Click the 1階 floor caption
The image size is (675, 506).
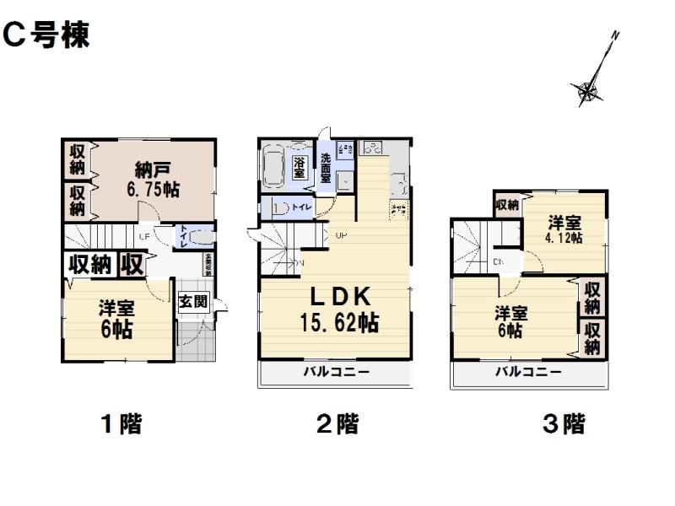[121, 424]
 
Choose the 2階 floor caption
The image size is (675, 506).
[337, 424]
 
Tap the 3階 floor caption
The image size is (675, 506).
[563, 424]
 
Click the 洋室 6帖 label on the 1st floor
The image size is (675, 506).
[116, 320]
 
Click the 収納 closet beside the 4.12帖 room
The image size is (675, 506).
[506, 205]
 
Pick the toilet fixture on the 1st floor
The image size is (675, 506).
[196, 238]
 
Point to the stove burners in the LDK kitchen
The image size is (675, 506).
[371, 148]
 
